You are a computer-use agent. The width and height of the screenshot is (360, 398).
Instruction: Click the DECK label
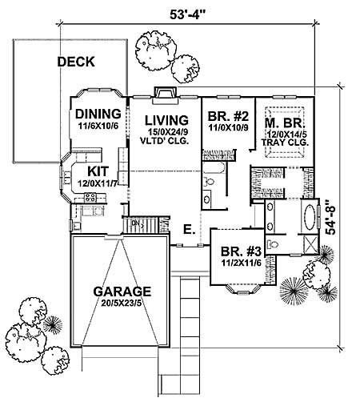click(77, 62)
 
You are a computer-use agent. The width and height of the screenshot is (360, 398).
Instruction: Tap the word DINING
click(98, 114)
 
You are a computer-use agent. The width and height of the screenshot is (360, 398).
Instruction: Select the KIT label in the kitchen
click(98, 171)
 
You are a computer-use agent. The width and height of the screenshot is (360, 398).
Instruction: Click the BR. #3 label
click(237, 249)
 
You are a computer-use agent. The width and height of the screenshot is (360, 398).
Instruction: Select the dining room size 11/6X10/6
click(98, 126)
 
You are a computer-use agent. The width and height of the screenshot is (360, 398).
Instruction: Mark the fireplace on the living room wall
click(164, 94)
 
